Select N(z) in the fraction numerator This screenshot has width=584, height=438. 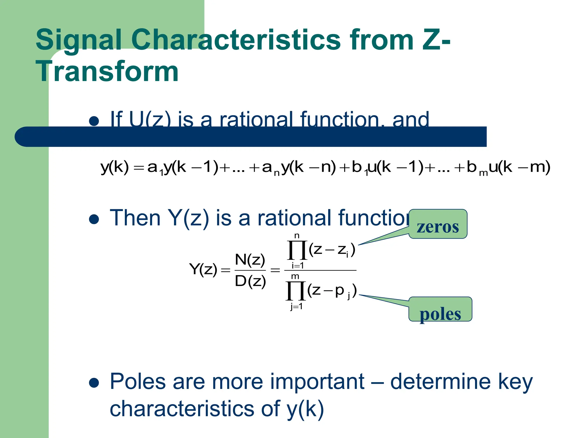250,260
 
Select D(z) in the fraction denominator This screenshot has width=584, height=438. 250,281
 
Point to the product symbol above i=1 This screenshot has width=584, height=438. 297,250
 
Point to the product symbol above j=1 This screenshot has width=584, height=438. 296,291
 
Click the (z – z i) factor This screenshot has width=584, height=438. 332,250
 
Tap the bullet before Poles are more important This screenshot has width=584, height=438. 94,382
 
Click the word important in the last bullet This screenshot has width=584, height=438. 317,382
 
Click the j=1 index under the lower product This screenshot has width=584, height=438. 296,307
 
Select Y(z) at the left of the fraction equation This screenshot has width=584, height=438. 203,269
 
